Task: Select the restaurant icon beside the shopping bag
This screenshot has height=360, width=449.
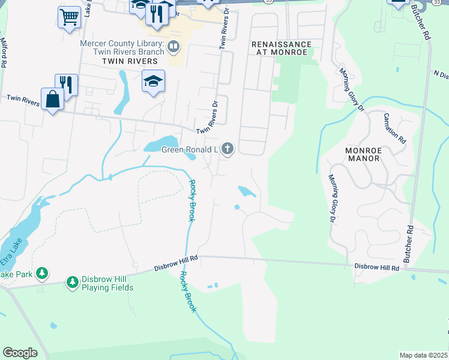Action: (x=66, y=85)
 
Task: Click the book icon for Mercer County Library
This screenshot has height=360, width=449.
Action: (x=173, y=46)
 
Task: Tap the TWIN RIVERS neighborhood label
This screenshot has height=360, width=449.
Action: (x=130, y=61)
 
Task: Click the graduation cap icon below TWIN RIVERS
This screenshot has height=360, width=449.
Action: (x=153, y=80)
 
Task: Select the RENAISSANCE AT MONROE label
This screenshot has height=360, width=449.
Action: (x=282, y=49)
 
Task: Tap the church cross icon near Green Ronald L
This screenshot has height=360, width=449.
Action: (x=227, y=148)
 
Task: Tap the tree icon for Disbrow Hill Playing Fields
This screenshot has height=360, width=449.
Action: (x=72, y=281)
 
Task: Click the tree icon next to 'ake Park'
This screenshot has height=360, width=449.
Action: (x=41, y=274)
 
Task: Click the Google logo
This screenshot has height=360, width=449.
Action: (x=20, y=352)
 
